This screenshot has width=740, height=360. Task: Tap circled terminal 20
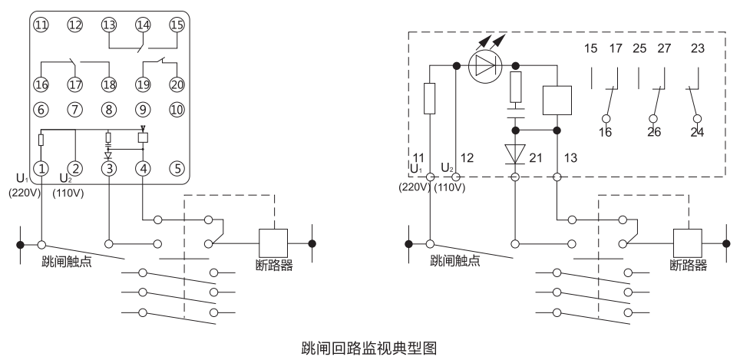point(177,84)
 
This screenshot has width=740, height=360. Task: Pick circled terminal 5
point(177,167)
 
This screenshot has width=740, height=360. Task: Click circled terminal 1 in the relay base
point(40,167)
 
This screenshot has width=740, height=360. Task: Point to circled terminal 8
point(109,109)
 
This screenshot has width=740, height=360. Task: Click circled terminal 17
point(74,84)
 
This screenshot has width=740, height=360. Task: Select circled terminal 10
point(177,109)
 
